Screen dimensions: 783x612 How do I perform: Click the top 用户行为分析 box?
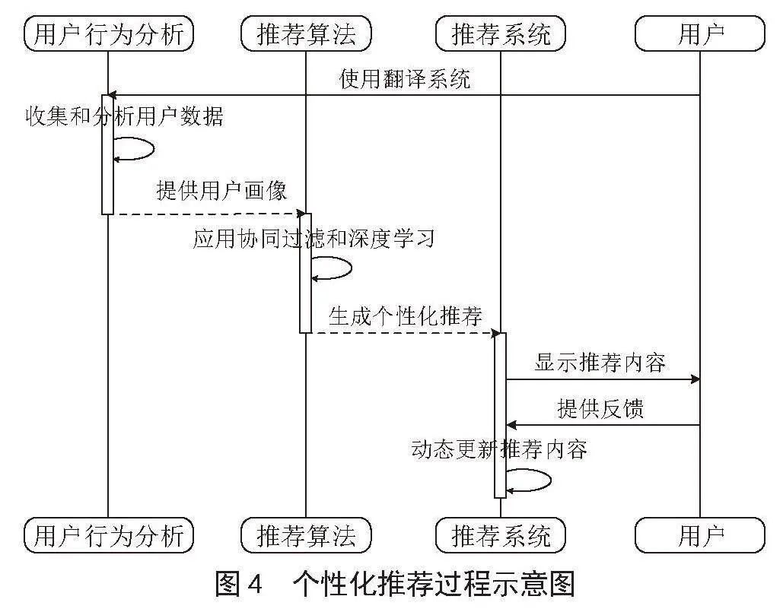(x=109, y=33)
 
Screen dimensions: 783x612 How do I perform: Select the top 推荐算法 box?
(x=306, y=33)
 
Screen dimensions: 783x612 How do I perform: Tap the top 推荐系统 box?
(x=501, y=33)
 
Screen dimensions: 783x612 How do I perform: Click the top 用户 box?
(x=699, y=33)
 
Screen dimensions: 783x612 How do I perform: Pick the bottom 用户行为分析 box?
(x=109, y=535)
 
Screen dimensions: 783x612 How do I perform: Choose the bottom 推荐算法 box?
(x=306, y=535)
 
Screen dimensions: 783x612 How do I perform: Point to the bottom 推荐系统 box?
(x=501, y=535)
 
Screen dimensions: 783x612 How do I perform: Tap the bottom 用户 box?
(x=699, y=535)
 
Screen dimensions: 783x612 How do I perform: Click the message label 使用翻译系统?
(x=405, y=79)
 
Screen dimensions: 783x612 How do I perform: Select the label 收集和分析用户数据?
(x=124, y=116)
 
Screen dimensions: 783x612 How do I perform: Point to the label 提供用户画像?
(x=221, y=190)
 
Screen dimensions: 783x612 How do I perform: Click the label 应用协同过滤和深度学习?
(x=314, y=239)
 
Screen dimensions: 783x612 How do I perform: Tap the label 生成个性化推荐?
(x=405, y=316)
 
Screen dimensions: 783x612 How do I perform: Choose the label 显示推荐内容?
(x=600, y=362)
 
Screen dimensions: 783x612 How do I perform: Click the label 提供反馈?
(x=600, y=408)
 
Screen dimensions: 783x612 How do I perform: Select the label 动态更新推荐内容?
(x=499, y=449)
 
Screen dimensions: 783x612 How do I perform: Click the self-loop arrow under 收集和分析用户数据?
(x=153, y=149)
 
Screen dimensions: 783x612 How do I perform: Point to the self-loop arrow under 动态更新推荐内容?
(x=550, y=480)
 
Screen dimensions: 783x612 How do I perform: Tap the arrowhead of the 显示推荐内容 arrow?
(x=695, y=379)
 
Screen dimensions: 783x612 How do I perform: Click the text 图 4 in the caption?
(x=239, y=584)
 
